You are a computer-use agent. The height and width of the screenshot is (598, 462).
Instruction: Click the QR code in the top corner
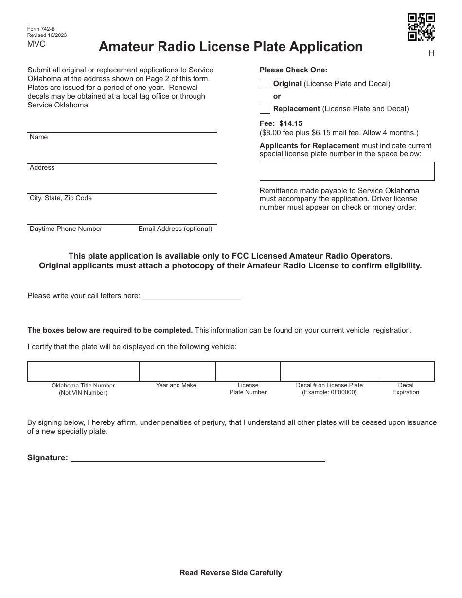(x=421, y=27)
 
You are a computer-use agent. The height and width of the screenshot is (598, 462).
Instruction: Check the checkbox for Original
(x=265, y=84)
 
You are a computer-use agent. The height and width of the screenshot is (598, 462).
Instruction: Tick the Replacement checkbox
(x=265, y=109)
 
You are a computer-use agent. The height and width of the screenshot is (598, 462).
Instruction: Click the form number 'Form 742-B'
(x=41, y=29)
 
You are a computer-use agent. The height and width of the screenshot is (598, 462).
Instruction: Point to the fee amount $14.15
(x=291, y=123)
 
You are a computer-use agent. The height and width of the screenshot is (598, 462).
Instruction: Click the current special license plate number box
(x=347, y=172)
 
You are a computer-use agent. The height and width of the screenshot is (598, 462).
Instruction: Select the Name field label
(x=38, y=137)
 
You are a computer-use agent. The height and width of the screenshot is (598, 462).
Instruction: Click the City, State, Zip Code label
(x=61, y=198)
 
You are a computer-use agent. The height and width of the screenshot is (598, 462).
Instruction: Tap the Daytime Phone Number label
(x=66, y=229)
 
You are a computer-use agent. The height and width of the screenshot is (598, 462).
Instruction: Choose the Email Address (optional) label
(x=175, y=229)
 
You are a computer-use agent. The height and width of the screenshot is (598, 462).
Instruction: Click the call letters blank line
(x=191, y=295)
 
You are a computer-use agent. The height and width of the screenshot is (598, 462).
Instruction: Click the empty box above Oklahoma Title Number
(x=83, y=371)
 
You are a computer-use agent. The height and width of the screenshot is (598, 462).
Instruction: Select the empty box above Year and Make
(x=177, y=371)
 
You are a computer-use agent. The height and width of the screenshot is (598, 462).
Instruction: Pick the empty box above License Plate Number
(x=248, y=371)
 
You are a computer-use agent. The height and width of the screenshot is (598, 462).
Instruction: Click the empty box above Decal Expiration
(x=406, y=371)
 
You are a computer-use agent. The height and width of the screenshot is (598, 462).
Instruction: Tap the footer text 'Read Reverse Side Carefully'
(x=231, y=573)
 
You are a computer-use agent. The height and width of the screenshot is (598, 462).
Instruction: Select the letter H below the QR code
(x=431, y=53)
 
